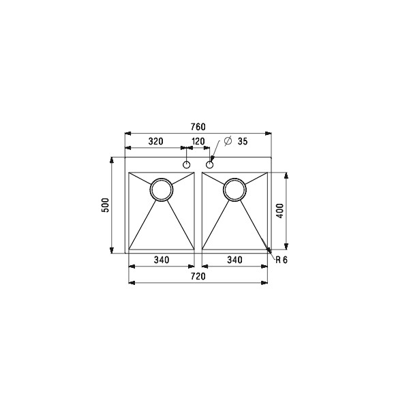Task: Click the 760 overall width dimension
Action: pos(198,127)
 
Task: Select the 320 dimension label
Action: pos(155,141)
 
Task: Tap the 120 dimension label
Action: pos(198,141)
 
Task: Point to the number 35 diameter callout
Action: pos(242,141)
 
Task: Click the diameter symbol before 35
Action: pos(228,141)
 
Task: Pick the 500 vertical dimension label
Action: pos(105,205)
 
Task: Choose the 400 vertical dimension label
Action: pos(279,211)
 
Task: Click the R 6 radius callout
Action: pos(282,260)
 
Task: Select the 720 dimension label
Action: pos(198,276)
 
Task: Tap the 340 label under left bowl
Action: pos(162,260)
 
